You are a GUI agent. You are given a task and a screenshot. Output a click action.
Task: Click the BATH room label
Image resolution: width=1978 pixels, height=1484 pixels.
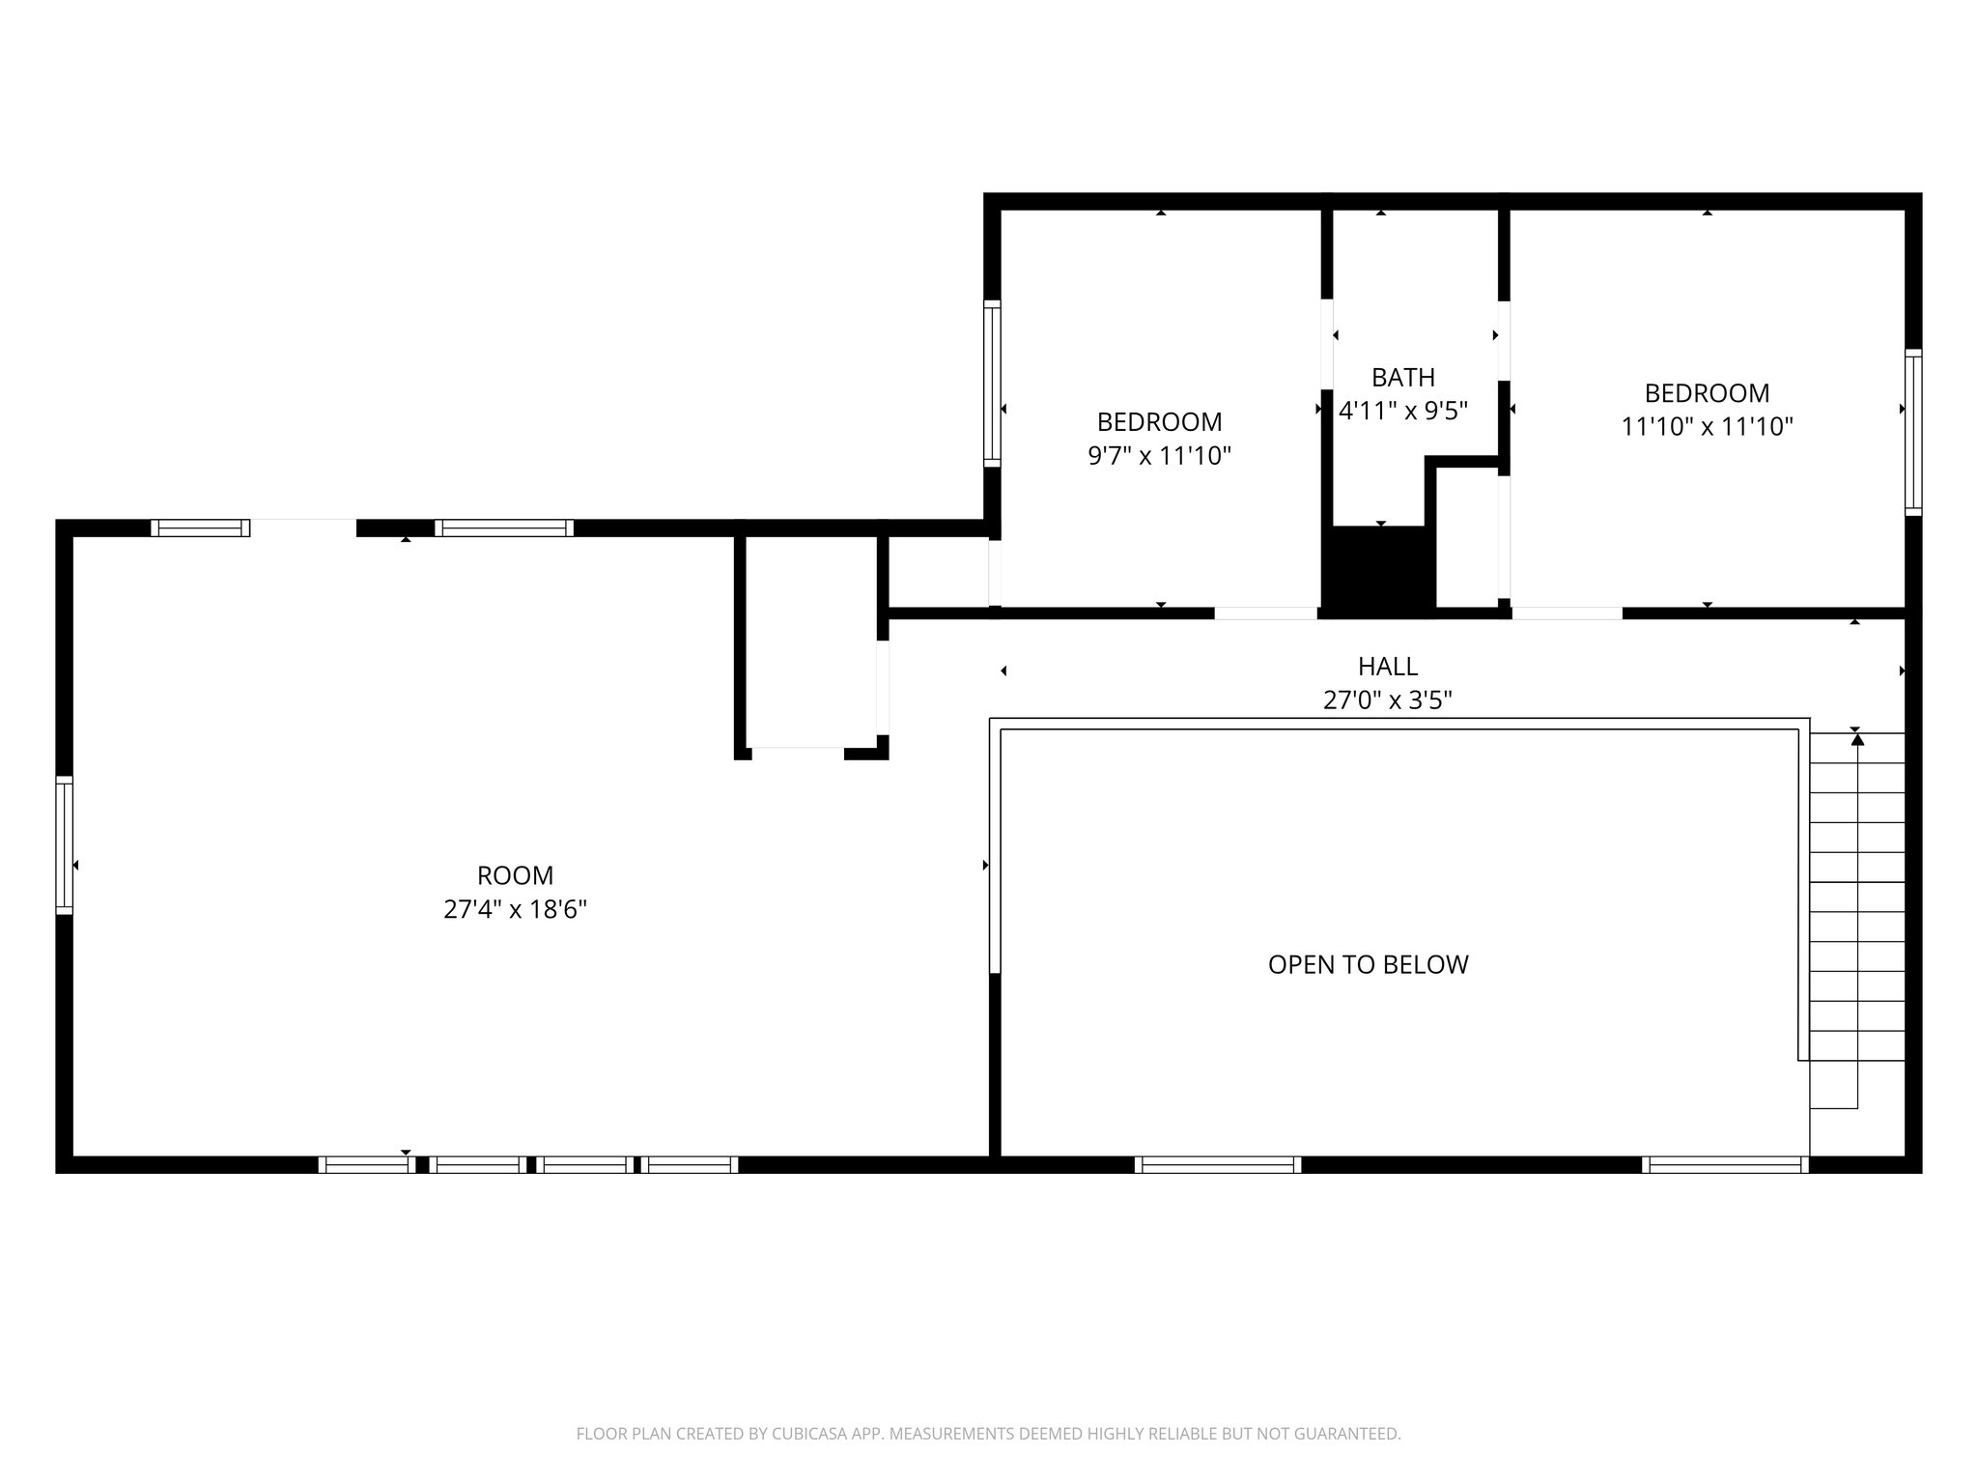coord(1402,377)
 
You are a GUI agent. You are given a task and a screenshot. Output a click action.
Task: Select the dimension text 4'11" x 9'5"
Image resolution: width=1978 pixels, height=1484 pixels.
coord(1402,411)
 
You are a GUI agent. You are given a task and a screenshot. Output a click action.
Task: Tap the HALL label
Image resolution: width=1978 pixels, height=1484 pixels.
coord(1387,666)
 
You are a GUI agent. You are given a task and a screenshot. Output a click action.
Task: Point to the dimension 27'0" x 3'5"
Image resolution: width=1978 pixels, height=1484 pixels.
coord(1387,699)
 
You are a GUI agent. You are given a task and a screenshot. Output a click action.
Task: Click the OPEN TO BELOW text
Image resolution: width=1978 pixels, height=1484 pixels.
coord(1368,964)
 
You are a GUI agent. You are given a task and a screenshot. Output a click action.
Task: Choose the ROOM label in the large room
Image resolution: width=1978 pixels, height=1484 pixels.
coord(515,875)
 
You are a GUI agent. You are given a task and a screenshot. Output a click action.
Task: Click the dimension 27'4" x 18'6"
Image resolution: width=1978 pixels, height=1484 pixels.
coord(515,909)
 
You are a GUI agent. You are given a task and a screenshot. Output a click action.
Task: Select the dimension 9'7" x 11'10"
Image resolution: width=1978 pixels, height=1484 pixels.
coord(1159,455)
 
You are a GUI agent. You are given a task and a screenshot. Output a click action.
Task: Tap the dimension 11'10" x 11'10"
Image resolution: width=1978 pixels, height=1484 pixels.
coord(1707,426)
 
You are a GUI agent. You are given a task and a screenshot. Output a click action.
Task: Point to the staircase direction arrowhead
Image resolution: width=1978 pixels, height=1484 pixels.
coord(1856,740)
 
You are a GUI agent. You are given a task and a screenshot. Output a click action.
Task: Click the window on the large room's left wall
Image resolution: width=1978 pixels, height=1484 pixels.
coord(65,845)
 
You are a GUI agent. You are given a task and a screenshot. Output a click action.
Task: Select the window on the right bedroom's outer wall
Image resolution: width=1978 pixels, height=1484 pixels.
coord(1912,432)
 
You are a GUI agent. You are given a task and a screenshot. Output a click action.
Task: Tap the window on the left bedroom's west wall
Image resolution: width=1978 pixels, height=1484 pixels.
coord(992,384)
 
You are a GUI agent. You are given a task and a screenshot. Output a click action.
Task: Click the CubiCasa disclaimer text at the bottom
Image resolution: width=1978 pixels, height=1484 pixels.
coord(988,1434)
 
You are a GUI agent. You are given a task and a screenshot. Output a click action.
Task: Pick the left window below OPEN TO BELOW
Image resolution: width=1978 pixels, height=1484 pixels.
coord(1217,1164)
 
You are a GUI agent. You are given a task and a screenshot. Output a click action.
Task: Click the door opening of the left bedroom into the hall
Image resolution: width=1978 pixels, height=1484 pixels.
coord(1265,613)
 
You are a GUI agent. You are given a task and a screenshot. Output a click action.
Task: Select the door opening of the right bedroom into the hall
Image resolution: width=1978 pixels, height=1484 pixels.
coord(1567,613)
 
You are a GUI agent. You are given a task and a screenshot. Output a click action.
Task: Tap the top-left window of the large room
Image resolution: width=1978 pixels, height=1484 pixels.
coord(201,528)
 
